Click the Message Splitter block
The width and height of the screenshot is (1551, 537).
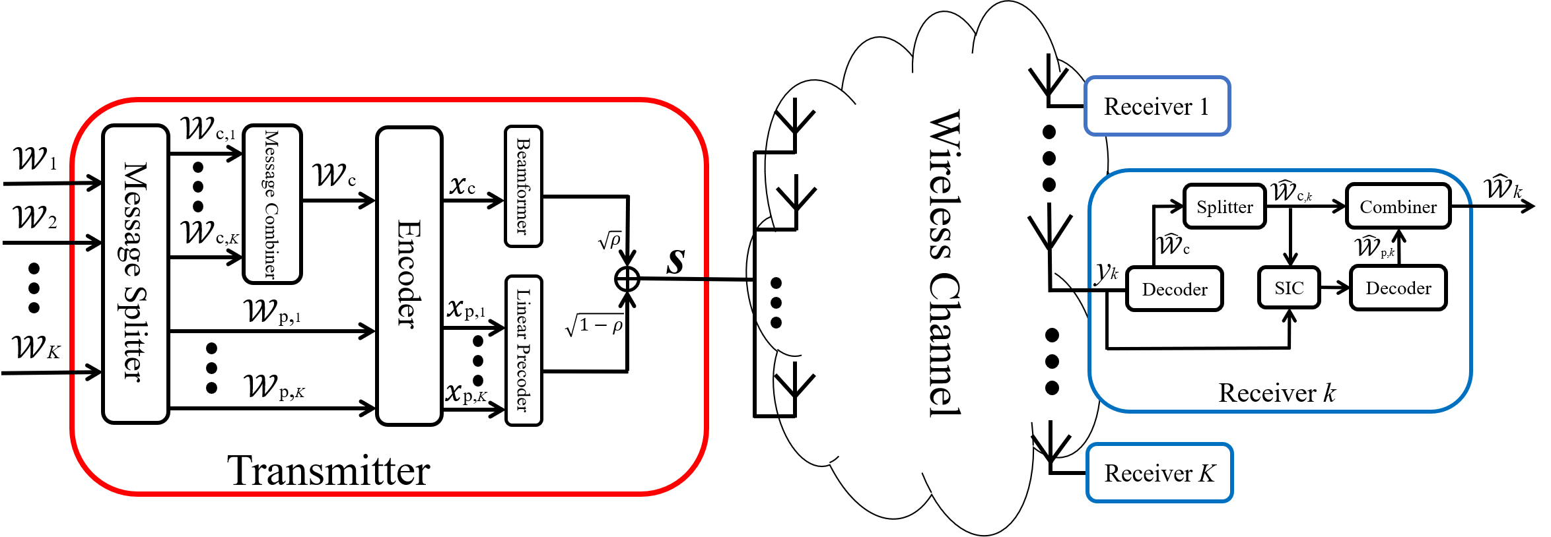coord(135,273)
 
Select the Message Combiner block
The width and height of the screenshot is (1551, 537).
coord(272,205)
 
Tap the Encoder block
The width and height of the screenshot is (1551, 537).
coord(409,275)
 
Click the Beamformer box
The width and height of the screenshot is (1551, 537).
coord(523,187)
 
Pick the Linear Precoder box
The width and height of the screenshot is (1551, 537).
coord(524,350)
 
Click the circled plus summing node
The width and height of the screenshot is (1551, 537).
coord(627,279)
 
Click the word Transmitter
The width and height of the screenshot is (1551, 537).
coord(328,471)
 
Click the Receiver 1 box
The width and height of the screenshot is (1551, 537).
coord(1157,106)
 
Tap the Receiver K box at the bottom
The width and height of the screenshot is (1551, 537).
coord(1159,473)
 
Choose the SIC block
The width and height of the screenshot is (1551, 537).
coord(1289,288)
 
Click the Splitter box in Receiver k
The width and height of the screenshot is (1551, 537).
coord(1224,206)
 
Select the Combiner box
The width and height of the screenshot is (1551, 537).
coord(1398,206)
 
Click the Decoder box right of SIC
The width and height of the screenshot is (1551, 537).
coord(1398,288)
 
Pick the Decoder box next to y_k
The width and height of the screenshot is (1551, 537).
coord(1174,289)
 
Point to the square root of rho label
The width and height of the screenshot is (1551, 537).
coord(609,241)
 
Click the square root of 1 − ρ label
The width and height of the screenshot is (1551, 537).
coord(594,325)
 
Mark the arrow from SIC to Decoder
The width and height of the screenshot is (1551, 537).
coord(1334,288)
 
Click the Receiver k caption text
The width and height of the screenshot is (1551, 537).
coord(1276,393)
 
